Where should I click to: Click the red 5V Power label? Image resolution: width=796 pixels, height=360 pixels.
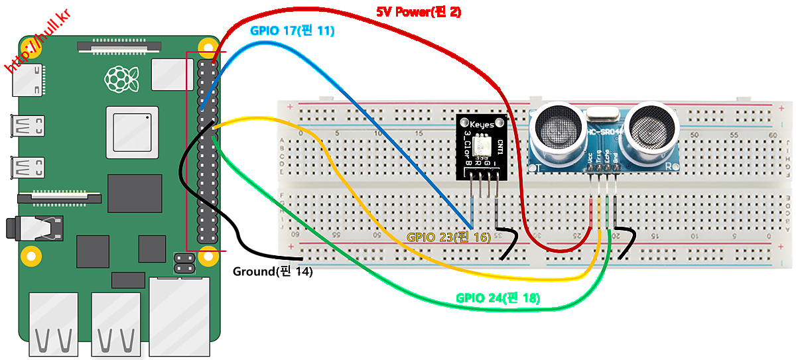pos(419,11)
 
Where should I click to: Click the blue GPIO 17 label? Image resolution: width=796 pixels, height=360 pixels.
pos(292,30)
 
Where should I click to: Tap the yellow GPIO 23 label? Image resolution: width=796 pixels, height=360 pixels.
pos(449,237)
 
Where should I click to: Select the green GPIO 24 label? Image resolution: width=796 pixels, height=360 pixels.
pos(497,298)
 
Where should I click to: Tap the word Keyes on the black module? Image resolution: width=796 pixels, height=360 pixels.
pos(482,125)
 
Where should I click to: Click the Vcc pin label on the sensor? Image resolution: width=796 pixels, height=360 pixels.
pos(590,159)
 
